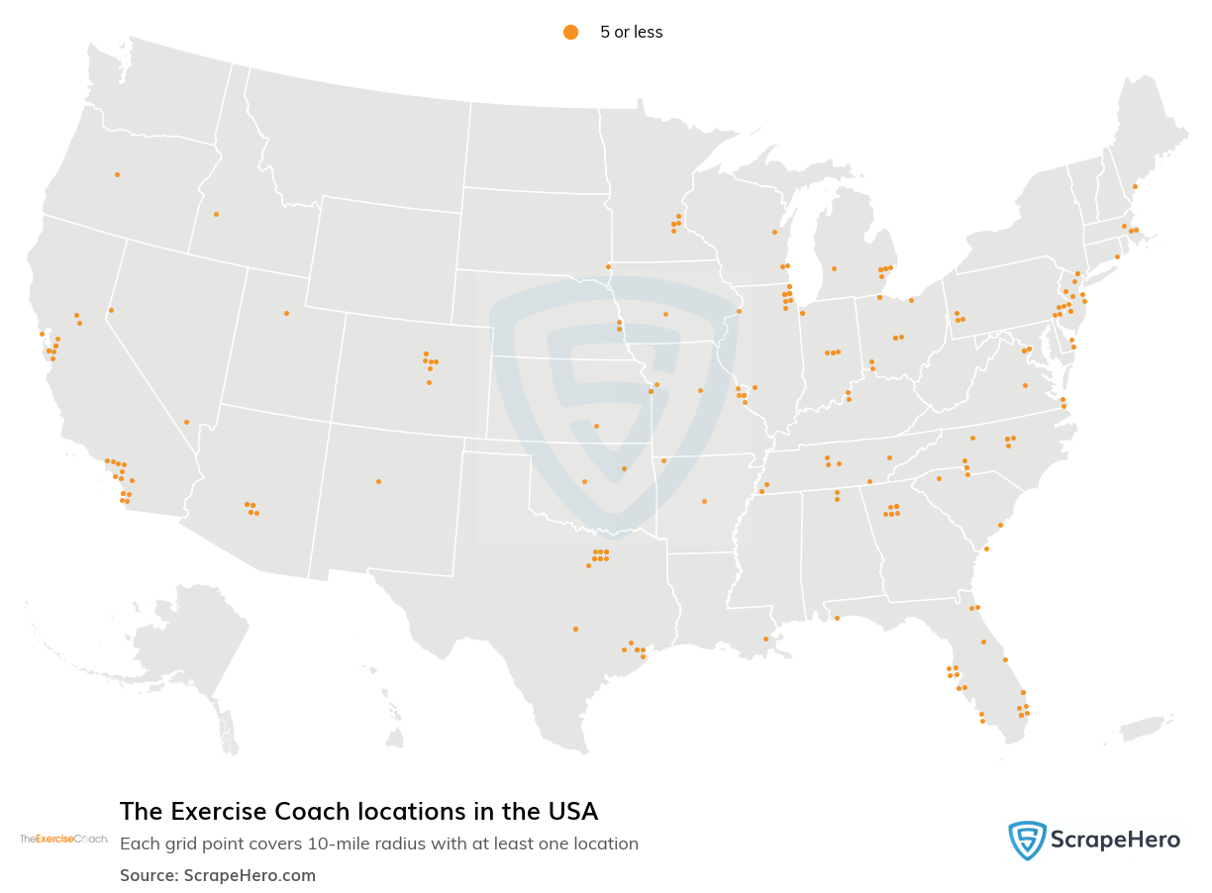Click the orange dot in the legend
tap(570, 32)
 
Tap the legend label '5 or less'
tap(631, 32)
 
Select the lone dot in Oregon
tap(117, 174)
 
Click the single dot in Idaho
tap(216, 214)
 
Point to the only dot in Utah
tap(286, 313)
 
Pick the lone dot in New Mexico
tap(378, 481)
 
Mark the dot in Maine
tap(1135, 186)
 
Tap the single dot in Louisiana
tap(765, 639)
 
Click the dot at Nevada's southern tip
tap(186, 422)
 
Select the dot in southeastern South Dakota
tap(608, 266)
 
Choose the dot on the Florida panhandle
tap(837, 618)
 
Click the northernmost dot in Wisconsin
tap(774, 232)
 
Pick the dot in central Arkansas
tap(704, 501)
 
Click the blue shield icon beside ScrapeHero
tap(1027, 841)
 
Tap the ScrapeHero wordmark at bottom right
tap(1115, 841)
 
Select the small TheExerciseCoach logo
tap(64, 839)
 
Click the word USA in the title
tap(574, 812)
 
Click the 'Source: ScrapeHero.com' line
tap(218, 875)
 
